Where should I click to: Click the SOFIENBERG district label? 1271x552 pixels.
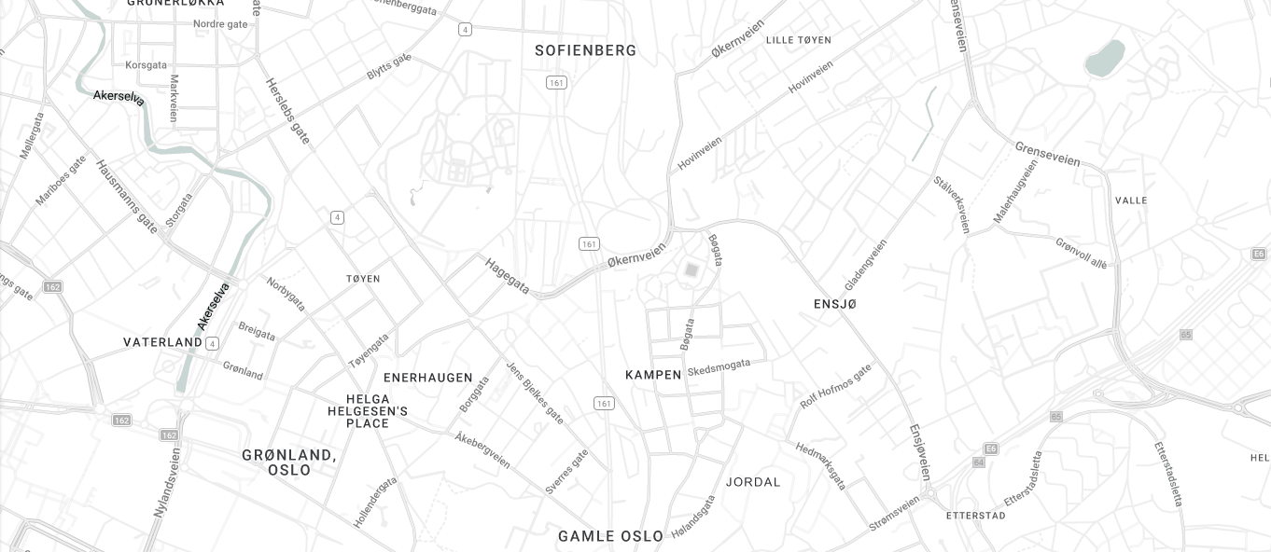585,50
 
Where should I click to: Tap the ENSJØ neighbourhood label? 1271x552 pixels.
834,304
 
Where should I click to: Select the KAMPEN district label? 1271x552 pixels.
653,375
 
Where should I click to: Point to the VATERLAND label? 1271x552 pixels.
162,342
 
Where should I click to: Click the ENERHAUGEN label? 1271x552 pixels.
428,378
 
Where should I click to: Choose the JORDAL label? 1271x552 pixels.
753,482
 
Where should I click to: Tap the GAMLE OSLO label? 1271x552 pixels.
610,536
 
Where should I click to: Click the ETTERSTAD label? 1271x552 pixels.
975,515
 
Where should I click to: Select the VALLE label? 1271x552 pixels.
1131,200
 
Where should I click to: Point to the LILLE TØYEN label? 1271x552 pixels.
798,40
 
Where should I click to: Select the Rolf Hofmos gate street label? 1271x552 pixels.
835,386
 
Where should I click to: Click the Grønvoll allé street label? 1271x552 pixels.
1081,253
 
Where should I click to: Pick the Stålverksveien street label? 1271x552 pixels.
952,204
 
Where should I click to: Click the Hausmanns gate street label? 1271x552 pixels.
127,196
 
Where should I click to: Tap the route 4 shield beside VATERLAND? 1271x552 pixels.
212,343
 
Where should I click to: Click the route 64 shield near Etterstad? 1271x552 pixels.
978,462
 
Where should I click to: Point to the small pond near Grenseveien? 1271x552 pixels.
1105,58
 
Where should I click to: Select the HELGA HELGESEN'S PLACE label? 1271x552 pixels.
368,411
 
